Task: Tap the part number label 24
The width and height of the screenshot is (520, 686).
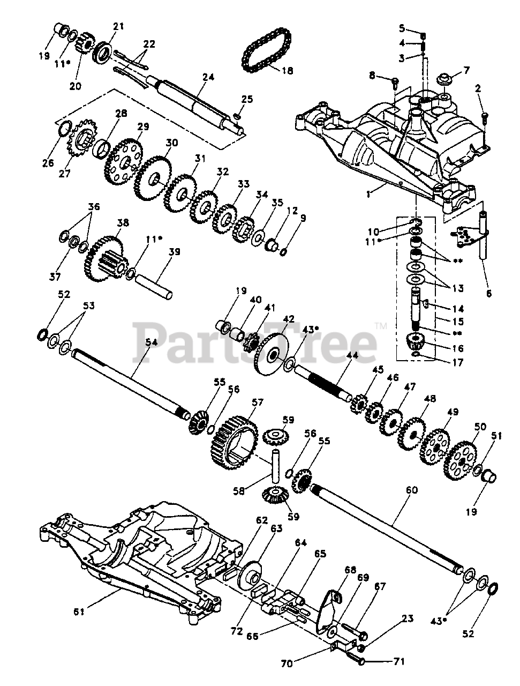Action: coord(208,77)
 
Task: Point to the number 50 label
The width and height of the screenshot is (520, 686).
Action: coord(480,427)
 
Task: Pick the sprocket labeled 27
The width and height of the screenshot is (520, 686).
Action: coord(79,140)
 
